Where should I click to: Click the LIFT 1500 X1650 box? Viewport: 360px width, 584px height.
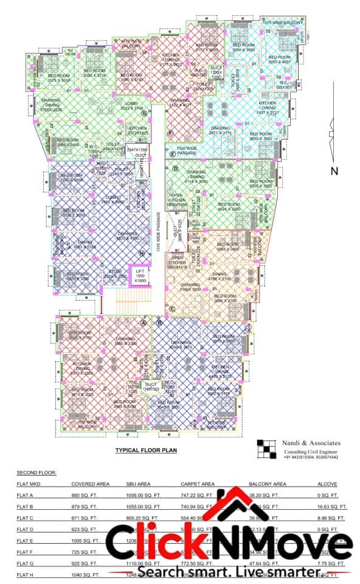coord(140,276)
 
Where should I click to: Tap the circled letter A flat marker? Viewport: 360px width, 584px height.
coord(144,323)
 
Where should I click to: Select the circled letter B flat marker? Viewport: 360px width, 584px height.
coord(159,323)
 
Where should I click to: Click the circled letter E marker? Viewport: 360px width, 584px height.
coord(173,155)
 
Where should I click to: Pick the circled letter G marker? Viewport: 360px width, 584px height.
coord(144,113)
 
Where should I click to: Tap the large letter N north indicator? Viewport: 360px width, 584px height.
coord(333,172)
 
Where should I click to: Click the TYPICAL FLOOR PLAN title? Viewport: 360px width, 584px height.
coord(146,451)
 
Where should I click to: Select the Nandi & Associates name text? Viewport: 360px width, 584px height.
coord(312,443)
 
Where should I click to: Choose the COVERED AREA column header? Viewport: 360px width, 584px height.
coord(90,484)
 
